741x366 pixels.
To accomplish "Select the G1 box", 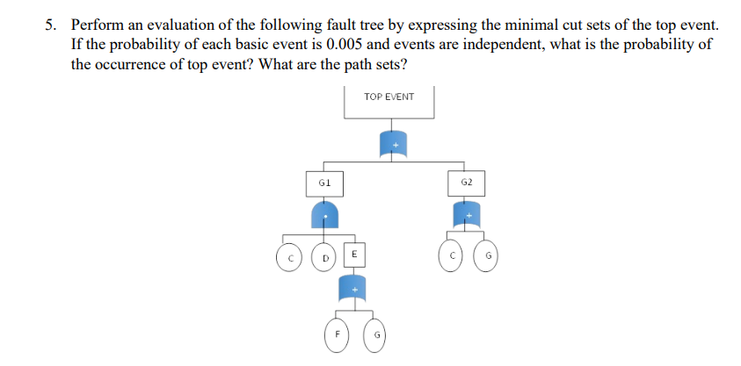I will tap(323, 183).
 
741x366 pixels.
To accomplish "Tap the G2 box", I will tap(467, 183).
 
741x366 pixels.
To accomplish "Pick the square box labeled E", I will tap(353, 254).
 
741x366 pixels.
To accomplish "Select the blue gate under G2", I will tap(467, 213).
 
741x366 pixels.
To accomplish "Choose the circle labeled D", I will tap(324, 257).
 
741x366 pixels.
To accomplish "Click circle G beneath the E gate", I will tap(376, 337).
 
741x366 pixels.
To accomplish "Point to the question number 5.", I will tap(50, 25).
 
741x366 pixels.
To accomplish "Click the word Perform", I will tap(96, 25).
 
